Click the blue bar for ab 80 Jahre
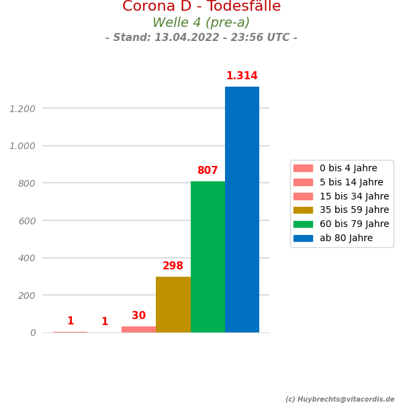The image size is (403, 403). [x=242, y=210]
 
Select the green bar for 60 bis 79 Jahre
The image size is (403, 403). [x=208, y=257]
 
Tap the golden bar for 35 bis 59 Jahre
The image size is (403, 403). [x=173, y=304]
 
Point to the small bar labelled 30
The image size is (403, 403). [x=138, y=329]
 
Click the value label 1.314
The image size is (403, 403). [x=242, y=76]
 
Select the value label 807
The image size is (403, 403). [x=208, y=171]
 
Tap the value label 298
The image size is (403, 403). [x=173, y=266]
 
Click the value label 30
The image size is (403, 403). [x=138, y=316]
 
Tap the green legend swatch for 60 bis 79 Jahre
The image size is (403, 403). [x=303, y=224]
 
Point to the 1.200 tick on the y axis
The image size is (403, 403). [x=22, y=109]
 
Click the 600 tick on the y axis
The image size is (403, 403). [x=26, y=221]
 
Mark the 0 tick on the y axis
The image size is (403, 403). [x=33, y=333]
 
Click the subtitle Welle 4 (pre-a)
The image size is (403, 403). [x=201, y=23]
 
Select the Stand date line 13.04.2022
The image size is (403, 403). [x=201, y=38]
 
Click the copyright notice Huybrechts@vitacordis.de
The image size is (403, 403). [x=340, y=399]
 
